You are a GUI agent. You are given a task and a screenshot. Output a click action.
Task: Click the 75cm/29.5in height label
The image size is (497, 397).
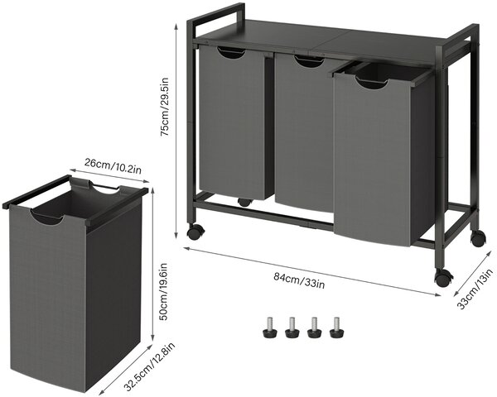(165, 107)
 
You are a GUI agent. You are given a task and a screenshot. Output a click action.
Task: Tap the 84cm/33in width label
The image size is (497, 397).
(299, 280)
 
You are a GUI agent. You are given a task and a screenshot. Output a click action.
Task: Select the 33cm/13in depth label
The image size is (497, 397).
(475, 289)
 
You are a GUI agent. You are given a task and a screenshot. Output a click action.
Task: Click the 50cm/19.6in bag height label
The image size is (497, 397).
(163, 292)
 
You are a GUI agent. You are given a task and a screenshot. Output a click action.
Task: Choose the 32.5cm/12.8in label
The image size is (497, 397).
(149, 366)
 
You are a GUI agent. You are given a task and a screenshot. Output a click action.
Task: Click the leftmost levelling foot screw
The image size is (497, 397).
(270, 328)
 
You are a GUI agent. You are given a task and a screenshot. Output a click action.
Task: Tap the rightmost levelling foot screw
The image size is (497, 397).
(336, 328)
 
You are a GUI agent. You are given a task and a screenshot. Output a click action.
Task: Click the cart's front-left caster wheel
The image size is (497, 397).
(194, 232)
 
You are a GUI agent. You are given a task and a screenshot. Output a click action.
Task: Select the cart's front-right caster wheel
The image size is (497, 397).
(443, 278)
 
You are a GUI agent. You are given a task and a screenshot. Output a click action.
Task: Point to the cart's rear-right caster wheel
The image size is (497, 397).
(478, 238)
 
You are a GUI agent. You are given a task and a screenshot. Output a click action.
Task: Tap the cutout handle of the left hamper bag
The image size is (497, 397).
(231, 53)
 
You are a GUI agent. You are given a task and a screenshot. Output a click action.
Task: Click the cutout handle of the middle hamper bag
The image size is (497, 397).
(309, 61)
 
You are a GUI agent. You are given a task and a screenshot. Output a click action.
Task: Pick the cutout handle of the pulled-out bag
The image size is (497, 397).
(372, 83)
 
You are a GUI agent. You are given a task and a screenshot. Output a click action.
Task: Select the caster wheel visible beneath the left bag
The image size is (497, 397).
(244, 203)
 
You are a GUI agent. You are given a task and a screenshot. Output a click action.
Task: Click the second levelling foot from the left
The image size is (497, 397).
(292, 328)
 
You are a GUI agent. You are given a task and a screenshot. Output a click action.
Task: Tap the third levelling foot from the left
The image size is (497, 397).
(315, 328)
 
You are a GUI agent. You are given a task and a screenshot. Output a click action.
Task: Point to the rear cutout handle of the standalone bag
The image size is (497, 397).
(104, 189)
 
